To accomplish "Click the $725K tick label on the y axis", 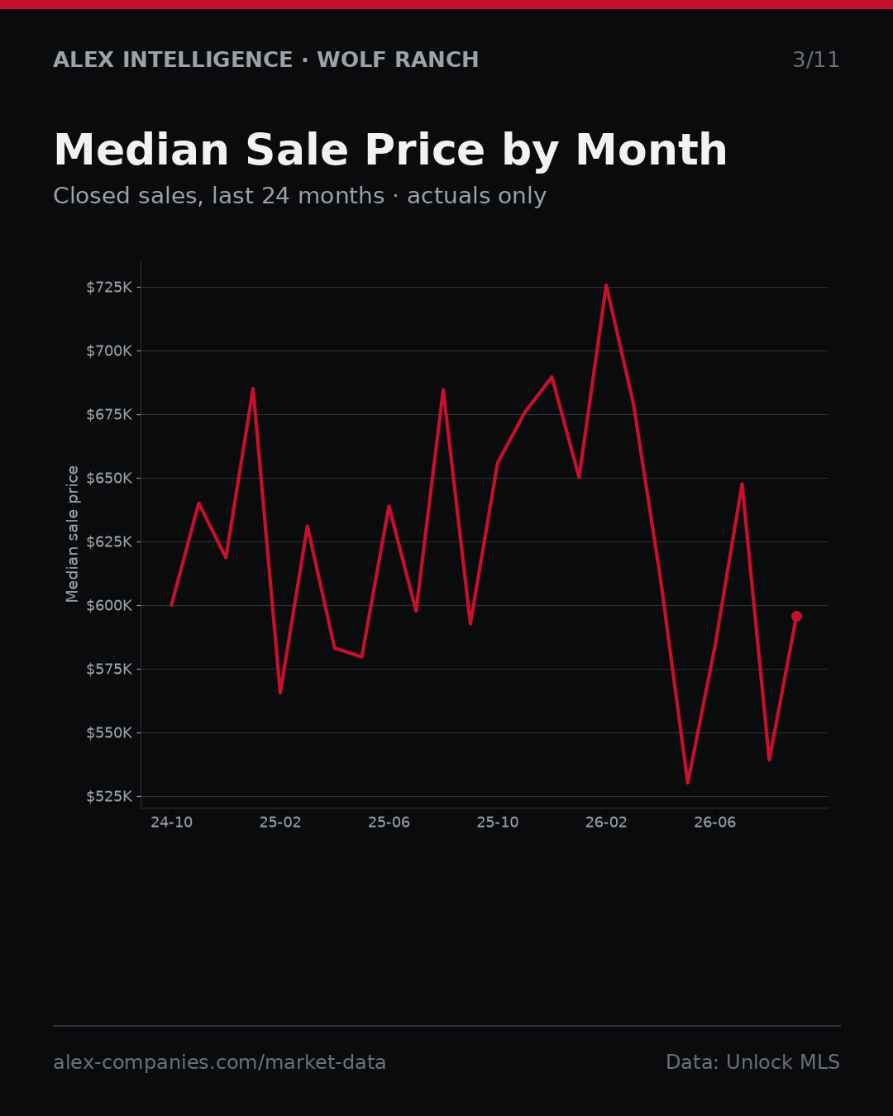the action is click(109, 288).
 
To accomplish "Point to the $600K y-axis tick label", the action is click(109, 606).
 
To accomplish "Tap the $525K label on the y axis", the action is click(109, 797).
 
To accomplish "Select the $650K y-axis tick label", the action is click(109, 478).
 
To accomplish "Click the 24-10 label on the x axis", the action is click(172, 823).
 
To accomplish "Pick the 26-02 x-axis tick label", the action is click(606, 823).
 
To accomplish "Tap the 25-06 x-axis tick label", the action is click(389, 823).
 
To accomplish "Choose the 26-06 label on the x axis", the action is click(715, 823).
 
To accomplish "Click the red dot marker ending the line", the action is click(796, 617).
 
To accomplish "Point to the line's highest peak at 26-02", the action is click(606, 285).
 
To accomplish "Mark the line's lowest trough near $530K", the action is click(688, 783).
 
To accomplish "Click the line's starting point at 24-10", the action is click(172, 605).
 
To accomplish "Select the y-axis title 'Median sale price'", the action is click(73, 534).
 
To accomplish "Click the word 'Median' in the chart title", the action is click(141, 150).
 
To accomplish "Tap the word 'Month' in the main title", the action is click(652, 150).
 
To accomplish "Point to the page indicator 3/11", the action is click(816, 60).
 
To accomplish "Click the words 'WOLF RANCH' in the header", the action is click(398, 60).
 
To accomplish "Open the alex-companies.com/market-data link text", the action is click(219, 1062).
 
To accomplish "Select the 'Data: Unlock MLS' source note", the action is click(753, 1062).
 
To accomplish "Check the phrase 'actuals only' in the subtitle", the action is click(476, 196).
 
